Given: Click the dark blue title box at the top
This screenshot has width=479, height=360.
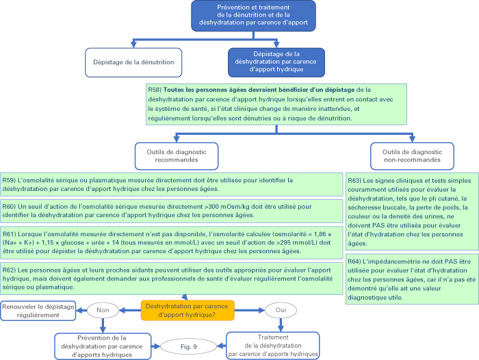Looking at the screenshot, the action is click(253, 16).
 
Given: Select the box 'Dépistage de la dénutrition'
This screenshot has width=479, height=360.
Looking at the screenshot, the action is click(133, 62).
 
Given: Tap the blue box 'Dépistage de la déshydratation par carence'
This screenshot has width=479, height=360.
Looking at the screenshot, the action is click(276, 62).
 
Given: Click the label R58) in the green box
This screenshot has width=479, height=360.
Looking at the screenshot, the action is click(155, 90).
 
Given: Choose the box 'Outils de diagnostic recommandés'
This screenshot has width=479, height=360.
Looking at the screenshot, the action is click(177, 156).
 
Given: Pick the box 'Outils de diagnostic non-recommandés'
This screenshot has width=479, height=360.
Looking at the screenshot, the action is click(412, 156).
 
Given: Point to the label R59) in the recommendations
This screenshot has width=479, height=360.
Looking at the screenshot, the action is click(9, 180).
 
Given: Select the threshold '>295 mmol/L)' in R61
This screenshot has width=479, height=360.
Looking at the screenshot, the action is click(309, 243).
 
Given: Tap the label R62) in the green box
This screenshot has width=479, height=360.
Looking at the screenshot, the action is click(9, 270).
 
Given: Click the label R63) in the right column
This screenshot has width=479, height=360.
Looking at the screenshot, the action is click(354, 181).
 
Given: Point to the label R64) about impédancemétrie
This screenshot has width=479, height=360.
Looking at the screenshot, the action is click(354, 261).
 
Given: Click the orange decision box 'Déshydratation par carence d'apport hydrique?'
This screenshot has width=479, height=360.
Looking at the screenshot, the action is click(187, 311).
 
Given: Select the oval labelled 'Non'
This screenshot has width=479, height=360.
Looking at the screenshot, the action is click(103, 310).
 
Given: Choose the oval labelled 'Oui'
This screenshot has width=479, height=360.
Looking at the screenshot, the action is click(281, 310).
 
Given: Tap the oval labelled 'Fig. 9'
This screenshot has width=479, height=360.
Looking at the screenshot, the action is click(188, 346).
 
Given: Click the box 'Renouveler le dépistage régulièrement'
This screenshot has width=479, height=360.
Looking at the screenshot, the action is click(38, 311).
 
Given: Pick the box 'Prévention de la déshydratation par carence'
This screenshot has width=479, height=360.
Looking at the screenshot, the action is click(103, 346).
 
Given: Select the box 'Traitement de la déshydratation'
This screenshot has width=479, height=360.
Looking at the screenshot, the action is click(273, 346).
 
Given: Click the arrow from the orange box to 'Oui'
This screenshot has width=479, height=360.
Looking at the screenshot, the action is click(250, 311).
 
